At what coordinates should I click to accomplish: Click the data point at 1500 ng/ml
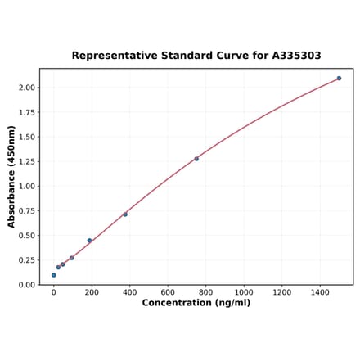tap(339, 79)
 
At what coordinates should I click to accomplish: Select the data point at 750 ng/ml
tap(196, 159)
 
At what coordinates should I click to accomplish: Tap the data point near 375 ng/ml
tap(125, 214)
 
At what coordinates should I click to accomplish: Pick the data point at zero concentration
tap(54, 275)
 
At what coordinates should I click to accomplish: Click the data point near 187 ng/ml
tap(89, 241)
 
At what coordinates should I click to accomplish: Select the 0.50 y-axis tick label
tap(26, 236)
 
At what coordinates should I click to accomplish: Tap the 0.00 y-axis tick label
tap(26, 285)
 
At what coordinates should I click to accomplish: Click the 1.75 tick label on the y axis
tap(26, 112)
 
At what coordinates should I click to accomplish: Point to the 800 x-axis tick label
tap(205, 292)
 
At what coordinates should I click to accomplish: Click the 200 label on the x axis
tap(92, 292)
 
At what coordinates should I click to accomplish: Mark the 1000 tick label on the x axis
tap(244, 292)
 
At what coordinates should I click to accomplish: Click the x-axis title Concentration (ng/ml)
tap(196, 304)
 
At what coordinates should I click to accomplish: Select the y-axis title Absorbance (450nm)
tap(11, 177)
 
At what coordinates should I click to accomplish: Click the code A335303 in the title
tap(292, 56)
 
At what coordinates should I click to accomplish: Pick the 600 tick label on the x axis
tap(168, 292)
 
